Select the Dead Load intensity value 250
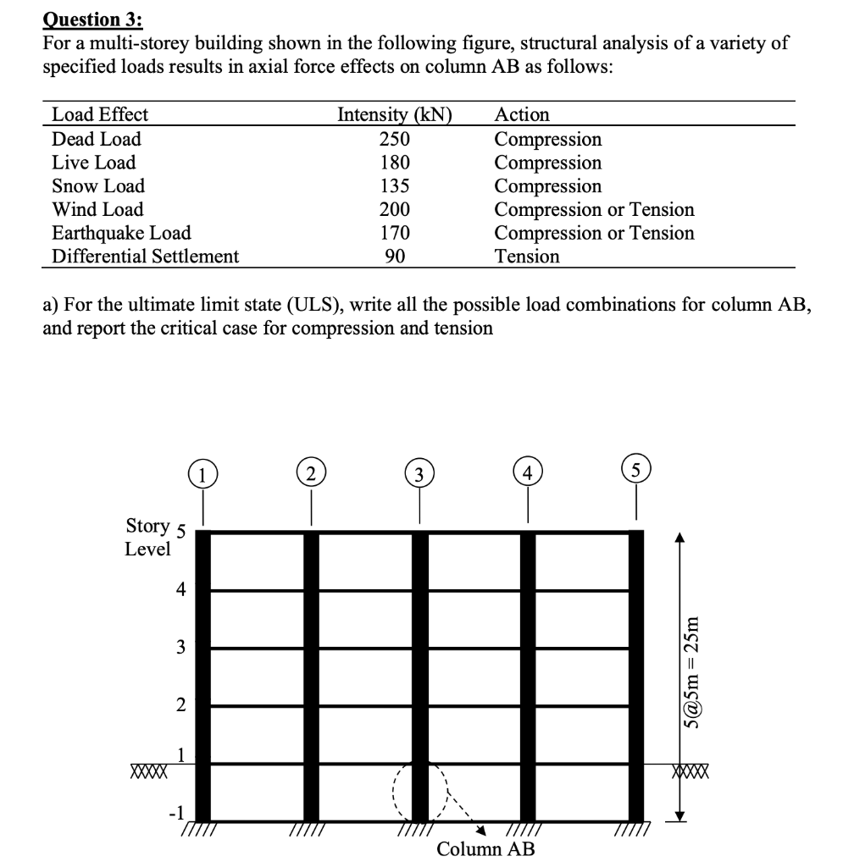click(x=395, y=139)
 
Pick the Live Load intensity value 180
click(x=395, y=163)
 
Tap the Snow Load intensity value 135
click(x=395, y=186)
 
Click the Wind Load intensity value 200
click(x=395, y=209)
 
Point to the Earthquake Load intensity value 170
click(x=395, y=233)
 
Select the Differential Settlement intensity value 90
click(x=395, y=256)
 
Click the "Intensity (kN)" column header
click(x=395, y=114)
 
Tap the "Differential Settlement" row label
click(x=145, y=256)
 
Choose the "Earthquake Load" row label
click(x=121, y=233)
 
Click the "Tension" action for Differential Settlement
click(x=526, y=256)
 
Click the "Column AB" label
click(x=485, y=849)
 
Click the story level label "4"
click(x=178, y=591)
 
